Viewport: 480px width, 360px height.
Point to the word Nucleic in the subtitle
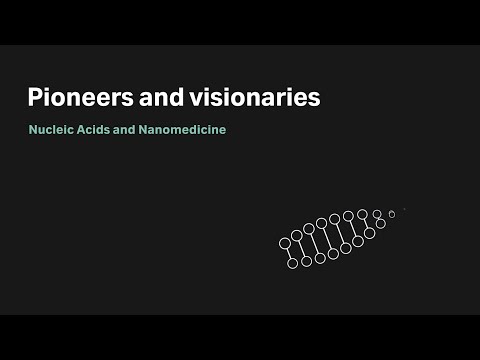click(x=52, y=130)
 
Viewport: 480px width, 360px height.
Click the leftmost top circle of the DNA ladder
click(x=285, y=242)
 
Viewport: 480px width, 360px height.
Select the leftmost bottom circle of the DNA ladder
click(x=293, y=264)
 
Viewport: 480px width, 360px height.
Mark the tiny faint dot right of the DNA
click(x=404, y=210)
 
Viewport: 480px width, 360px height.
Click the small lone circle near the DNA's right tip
click(x=391, y=214)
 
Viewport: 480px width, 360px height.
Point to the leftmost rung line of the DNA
click(x=289, y=253)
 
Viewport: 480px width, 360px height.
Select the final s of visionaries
click(x=314, y=99)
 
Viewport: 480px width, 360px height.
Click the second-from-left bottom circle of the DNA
click(x=306, y=263)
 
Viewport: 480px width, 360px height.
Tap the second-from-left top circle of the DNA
click(x=297, y=236)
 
